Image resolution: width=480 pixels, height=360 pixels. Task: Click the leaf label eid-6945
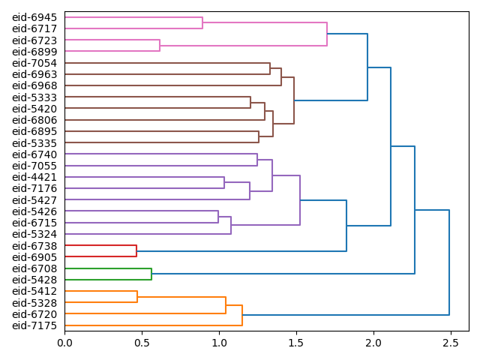point(34,17)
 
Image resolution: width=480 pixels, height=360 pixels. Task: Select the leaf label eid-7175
point(34,325)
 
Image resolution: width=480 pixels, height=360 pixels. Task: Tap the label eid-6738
point(34,245)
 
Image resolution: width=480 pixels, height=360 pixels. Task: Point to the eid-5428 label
point(34,280)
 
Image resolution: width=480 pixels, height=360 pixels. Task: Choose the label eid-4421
point(34,177)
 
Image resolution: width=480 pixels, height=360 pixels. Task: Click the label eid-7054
point(34,63)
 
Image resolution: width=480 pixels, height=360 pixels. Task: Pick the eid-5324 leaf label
point(34,234)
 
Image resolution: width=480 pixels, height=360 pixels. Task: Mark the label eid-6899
point(34,52)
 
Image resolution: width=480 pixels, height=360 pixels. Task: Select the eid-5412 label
point(34,291)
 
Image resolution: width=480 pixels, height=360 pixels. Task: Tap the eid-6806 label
point(34,120)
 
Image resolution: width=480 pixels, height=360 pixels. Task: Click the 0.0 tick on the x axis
point(65,343)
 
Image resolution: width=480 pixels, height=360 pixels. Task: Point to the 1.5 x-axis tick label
point(296,343)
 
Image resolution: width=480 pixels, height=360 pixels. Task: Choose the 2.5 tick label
point(450,343)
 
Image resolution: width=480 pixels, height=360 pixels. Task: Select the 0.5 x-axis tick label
point(142,343)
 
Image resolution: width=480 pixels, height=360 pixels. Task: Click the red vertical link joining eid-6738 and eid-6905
point(136,251)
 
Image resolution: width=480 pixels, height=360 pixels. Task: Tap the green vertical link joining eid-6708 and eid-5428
point(151,274)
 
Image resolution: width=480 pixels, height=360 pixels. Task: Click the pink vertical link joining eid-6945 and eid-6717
point(202,22)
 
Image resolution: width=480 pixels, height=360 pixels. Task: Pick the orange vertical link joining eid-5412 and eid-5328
point(137,296)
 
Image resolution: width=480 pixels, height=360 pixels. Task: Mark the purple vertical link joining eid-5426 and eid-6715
point(218,217)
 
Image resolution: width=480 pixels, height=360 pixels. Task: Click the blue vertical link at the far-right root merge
point(449,262)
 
